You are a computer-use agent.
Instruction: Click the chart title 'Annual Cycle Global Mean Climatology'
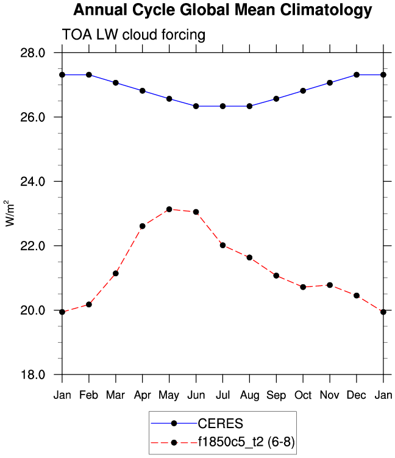pos(222,10)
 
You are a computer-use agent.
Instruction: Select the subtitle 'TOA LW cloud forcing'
pos(133,35)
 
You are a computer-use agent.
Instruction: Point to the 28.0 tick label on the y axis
pos(33,53)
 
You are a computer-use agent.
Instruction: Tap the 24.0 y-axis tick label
pos(33,182)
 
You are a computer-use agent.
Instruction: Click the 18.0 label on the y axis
pos(33,374)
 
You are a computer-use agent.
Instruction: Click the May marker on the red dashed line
pos(169,209)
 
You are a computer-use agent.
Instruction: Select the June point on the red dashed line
pos(196,212)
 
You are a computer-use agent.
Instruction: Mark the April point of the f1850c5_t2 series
pos(143,226)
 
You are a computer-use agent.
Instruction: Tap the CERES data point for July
pos(222,106)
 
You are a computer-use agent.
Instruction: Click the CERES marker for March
pos(116,82)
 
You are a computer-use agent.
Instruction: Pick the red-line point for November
pos(330,285)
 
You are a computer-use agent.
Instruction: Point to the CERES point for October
pos(303,90)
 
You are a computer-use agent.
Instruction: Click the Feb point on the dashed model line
pos(89,304)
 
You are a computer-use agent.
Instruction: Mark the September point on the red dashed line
pos(276,276)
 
